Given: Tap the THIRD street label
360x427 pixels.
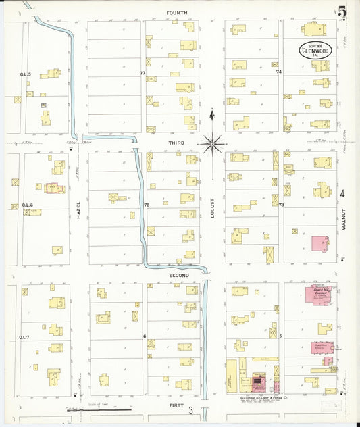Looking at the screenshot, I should coord(176,144).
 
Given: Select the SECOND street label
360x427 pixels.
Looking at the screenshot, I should coord(178,275).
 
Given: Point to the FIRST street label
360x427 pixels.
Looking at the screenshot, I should coord(177,404).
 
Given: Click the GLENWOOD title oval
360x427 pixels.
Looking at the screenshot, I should coord(316,50).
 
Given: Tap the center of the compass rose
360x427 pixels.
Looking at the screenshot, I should coord(212,143).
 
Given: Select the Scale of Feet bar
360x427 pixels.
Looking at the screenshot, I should coord(99,409).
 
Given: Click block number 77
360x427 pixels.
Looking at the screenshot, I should coord(143,72).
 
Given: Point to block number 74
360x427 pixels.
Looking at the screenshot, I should coord(278,71).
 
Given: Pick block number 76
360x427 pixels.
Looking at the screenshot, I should coord(145,204).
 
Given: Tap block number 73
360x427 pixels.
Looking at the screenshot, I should coord(280,204).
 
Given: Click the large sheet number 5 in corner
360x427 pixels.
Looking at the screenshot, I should coord(342,11).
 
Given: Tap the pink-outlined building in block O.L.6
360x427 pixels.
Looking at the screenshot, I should coord(54,188).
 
